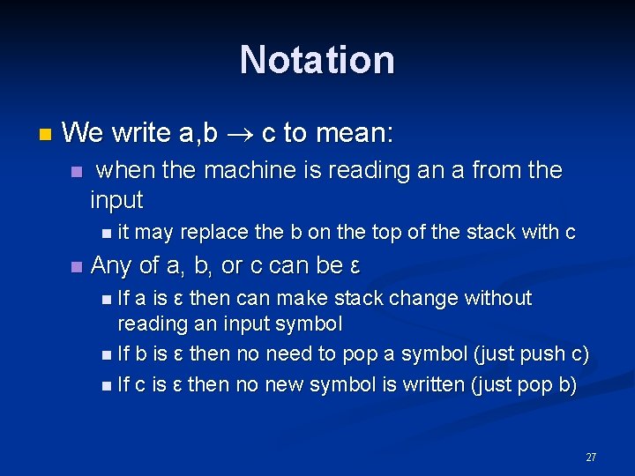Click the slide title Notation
click(317, 60)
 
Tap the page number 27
click(591, 457)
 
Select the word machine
click(243, 170)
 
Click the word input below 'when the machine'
click(116, 200)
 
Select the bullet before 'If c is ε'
click(106, 385)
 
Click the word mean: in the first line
click(354, 134)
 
